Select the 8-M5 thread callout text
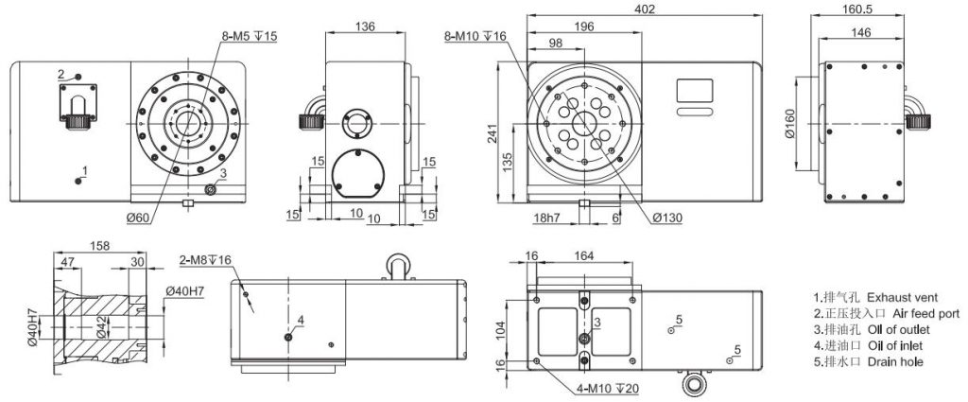pyautogui.click(x=250, y=36)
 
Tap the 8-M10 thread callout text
pyautogui.click(x=475, y=36)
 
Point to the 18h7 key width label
pyautogui.click(x=545, y=218)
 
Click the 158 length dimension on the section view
pyautogui.click(x=98, y=246)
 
